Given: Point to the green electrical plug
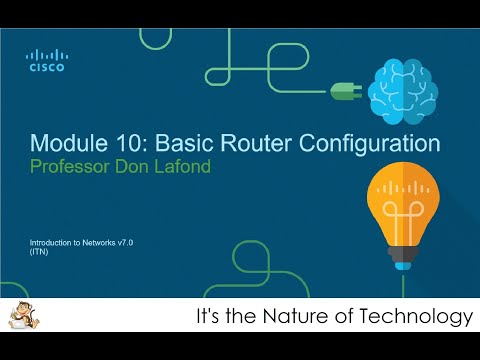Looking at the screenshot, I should tap(343, 90).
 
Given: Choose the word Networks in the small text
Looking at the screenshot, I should tap(87, 243).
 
